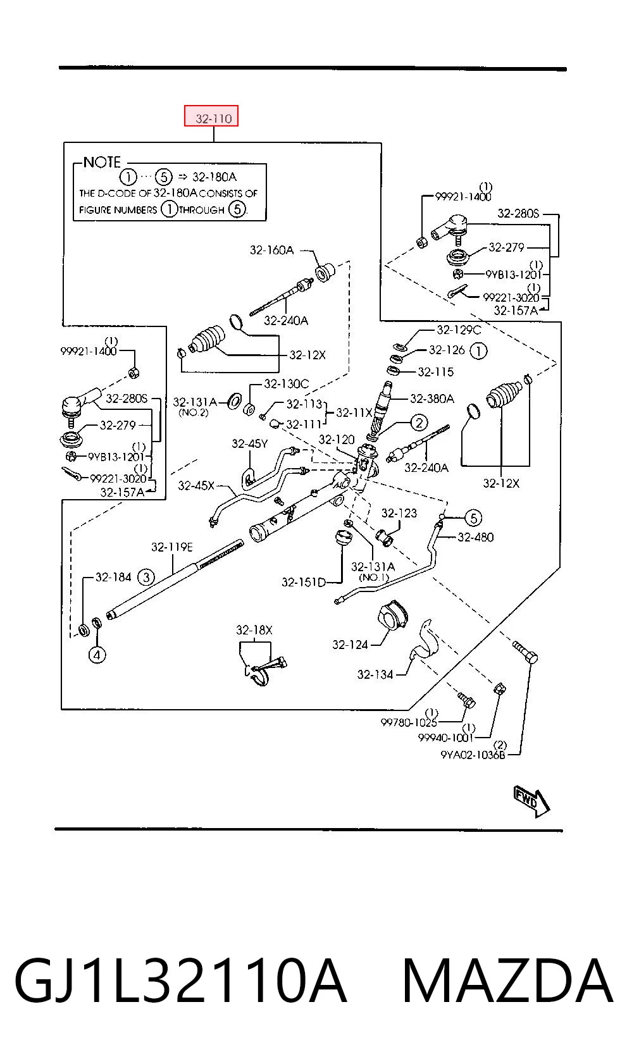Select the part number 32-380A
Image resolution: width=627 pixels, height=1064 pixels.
coord(431,398)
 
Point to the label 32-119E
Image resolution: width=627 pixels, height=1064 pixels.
coord(172,547)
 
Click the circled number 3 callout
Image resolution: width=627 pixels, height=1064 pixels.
coord(146,577)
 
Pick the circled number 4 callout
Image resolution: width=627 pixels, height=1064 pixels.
coord(97,655)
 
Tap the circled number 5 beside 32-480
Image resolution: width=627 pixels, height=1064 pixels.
coord(473,517)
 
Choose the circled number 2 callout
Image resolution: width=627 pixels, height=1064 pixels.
coord(418,423)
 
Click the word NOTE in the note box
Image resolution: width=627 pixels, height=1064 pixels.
coord(102,163)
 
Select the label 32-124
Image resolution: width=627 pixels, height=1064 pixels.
coord(350,645)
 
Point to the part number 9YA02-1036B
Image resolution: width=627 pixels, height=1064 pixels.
coord(473,755)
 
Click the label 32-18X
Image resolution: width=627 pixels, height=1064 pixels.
coord(254,630)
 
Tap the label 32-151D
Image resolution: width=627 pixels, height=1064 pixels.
coord(304,582)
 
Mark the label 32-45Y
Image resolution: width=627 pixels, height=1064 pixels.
coord(249,443)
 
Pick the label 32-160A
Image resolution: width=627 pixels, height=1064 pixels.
coord(271,250)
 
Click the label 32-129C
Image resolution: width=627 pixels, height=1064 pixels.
coord(459,329)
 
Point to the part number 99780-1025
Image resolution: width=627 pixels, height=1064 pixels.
coord(409,722)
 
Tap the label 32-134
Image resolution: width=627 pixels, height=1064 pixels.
coord(375,674)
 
